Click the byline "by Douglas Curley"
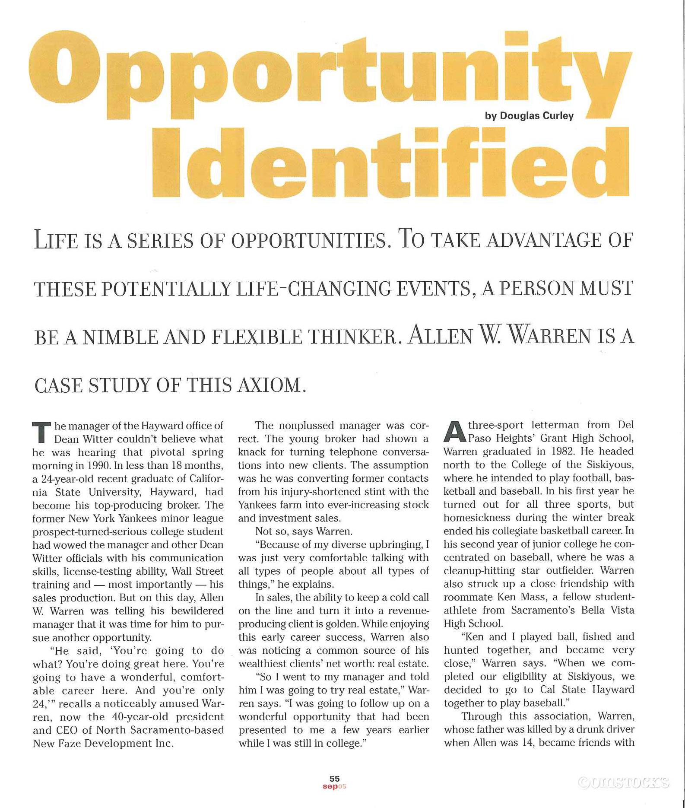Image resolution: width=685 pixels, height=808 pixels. (529, 116)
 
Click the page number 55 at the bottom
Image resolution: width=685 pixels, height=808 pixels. (334, 779)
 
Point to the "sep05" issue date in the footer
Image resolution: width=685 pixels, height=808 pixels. (334, 786)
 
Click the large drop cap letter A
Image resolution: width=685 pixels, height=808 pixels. (454, 432)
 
